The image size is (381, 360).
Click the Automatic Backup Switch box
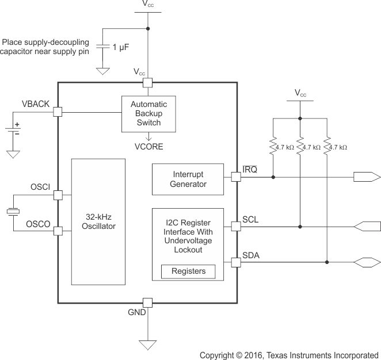coord(148,114)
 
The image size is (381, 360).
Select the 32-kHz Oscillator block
coord(98,221)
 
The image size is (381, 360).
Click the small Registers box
coord(188,271)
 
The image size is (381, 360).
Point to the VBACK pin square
coord(58,112)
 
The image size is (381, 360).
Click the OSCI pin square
coord(58,195)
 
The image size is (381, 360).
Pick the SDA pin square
coord(235,262)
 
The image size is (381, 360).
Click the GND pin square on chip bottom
coord(147,302)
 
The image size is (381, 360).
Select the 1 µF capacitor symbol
coord(104,48)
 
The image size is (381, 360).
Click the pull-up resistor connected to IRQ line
coord(273,147)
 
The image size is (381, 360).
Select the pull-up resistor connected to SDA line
coord(327,147)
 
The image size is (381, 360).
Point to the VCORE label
coord(148,147)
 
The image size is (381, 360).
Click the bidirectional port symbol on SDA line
coord(366,262)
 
